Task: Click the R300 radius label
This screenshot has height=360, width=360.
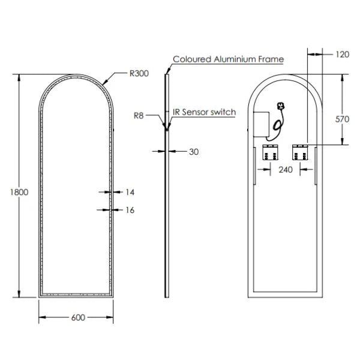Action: coord(139,74)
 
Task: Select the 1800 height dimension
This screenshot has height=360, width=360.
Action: coord(11,192)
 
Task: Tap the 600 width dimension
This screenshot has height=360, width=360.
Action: coord(77,317)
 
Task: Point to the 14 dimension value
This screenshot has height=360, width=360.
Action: coord(130,192)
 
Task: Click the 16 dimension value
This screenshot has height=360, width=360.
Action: coord(130,210)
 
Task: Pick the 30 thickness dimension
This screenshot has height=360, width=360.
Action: coord(193,152)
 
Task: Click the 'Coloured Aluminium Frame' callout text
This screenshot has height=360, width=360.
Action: coord(228,59)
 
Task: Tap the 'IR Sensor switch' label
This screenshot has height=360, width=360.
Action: coord(204,112)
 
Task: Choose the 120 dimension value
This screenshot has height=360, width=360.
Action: coord(341,55)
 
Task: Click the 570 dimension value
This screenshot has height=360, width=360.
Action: coord(341,119)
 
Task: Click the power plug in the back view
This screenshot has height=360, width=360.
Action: coord(280,107)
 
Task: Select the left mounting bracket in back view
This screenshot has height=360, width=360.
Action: coord(269,153)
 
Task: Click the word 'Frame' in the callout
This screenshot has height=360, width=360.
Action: coord(271,59)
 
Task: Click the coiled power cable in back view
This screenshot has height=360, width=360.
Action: coord(276,124)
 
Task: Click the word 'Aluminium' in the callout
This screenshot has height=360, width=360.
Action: coord(233,59)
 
